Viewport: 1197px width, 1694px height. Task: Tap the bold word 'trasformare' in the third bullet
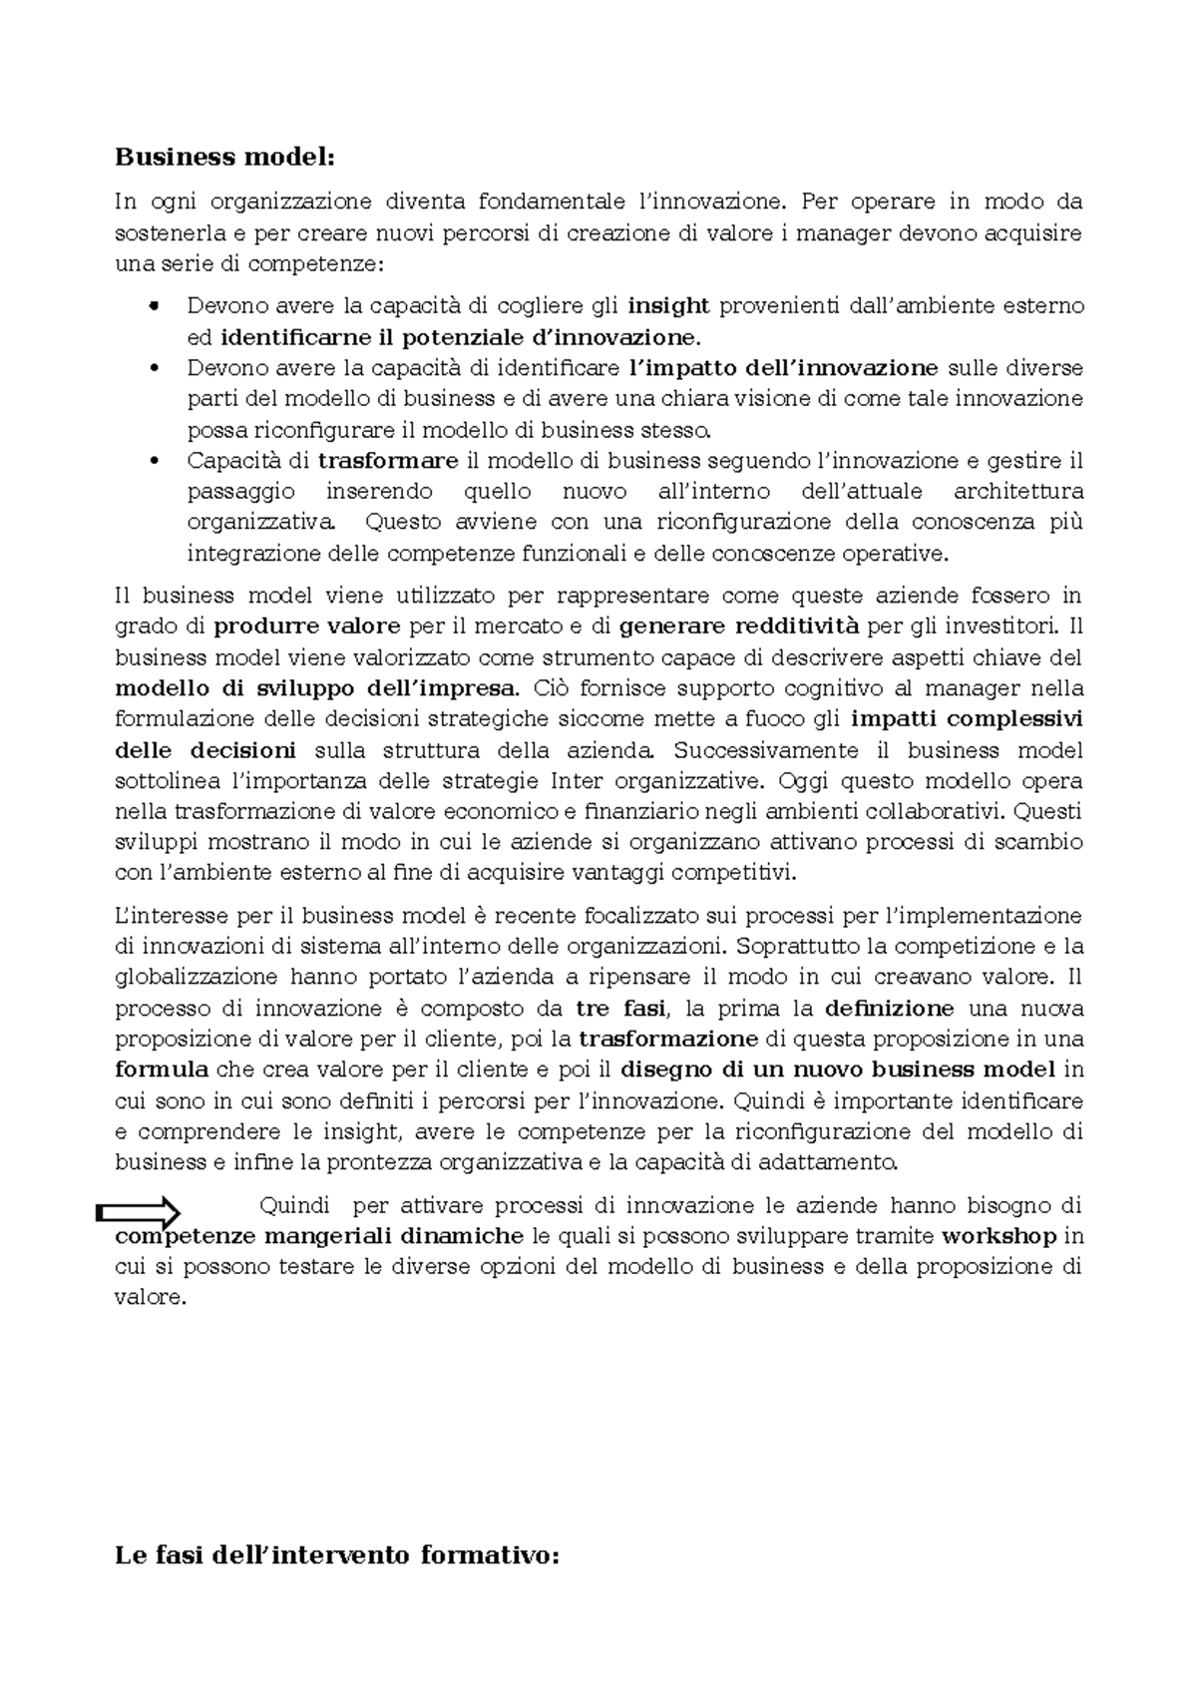[388, 461]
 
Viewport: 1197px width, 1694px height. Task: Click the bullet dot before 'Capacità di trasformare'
[153, 461]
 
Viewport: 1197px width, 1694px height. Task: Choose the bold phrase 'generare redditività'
[738, 627]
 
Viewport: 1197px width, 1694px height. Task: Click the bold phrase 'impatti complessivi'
[967, 719]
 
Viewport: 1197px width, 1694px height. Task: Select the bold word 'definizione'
[890, 1008]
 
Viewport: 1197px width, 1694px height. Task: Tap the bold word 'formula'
[162, 1069]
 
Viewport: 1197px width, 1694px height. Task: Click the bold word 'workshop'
[998, 1236]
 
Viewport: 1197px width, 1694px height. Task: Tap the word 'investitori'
[1007, 627]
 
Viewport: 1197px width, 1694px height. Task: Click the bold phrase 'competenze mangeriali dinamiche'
[319, 1236]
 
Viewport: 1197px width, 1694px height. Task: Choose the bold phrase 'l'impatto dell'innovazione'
[784, 368]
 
